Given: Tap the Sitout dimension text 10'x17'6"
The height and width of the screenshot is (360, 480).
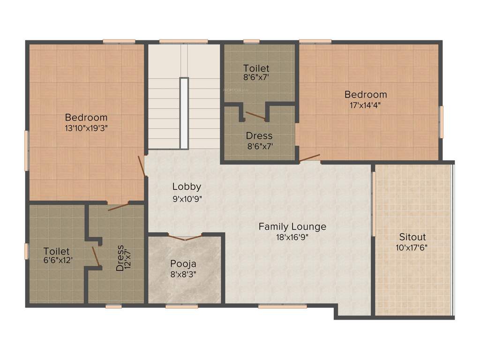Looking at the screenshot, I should coord(413,247).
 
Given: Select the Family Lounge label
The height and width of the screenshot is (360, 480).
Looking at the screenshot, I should coord(292,227).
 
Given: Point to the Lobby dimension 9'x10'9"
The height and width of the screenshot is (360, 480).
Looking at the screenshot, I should coord(187,198).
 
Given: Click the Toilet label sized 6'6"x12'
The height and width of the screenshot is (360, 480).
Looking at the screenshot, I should coord(56,251).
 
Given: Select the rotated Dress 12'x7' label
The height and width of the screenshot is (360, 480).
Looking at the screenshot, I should coord(120,258).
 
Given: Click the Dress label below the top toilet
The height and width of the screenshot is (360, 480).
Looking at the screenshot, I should coord(259,136).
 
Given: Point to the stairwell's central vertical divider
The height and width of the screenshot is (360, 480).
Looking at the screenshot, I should coord(184,113).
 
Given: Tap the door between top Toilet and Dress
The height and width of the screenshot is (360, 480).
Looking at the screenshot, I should coord(255,115).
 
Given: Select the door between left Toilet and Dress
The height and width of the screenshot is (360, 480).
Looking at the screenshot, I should coord(96,256).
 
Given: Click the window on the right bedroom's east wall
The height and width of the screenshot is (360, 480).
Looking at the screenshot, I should coord(441,122).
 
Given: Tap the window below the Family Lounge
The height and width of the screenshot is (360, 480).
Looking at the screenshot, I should coord(282,306).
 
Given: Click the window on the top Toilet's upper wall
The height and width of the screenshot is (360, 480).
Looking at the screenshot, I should coord(252,41).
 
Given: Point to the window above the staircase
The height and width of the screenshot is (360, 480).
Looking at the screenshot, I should coord(183,41).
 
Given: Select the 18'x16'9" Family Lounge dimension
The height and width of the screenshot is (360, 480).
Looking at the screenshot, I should coord(292,237).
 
